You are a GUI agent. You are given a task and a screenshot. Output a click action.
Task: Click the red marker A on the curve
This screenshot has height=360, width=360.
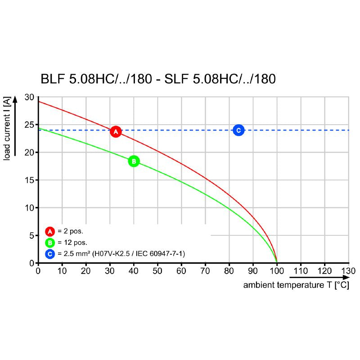(116, 132)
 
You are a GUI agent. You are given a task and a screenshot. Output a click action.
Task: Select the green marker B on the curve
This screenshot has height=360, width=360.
(134, 161)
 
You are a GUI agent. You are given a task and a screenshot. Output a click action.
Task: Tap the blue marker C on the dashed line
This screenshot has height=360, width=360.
(238, 130)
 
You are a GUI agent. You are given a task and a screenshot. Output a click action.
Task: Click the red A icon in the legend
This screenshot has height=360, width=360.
(49, 232)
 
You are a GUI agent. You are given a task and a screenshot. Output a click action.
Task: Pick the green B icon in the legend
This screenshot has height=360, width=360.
(49, 243)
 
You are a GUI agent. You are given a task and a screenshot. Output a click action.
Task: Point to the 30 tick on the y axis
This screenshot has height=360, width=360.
(29, 97)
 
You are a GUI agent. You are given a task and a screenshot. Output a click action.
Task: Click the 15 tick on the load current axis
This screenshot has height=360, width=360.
(29, 180)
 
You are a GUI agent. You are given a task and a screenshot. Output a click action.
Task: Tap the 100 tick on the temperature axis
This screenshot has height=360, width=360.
(276, 271)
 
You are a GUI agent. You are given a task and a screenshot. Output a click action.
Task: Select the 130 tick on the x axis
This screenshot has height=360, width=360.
(348, 271)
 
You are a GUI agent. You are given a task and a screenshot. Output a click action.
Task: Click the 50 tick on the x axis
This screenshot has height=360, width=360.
(157, 271)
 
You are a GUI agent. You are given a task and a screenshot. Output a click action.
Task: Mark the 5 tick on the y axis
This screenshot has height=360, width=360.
(31, 235)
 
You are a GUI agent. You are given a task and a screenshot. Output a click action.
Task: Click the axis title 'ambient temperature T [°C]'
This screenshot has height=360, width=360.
(296, 286)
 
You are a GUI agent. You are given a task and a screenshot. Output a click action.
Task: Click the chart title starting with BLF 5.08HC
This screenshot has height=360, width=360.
(157, 80)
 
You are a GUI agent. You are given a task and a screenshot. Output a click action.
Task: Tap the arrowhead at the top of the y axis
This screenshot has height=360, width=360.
(15, 99)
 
